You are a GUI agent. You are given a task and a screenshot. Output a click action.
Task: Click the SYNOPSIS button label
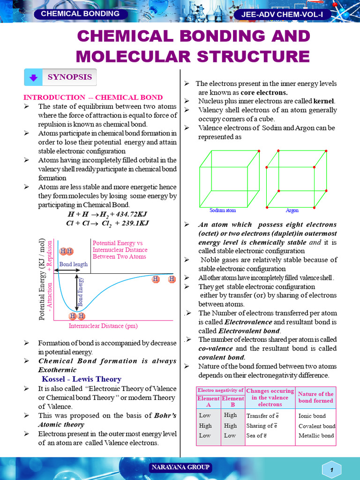coord(69,77)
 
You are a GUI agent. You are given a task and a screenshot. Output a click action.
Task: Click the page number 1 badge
coord(332,470)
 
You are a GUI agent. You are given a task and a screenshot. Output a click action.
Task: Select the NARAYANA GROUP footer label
coord(180,467)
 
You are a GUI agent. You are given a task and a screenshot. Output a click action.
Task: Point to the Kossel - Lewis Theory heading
coord(82,379)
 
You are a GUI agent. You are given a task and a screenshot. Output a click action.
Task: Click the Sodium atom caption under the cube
coord(222,210)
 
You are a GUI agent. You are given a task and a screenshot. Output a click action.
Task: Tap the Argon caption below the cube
coord(292,210)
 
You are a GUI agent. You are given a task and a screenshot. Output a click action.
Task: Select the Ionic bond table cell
coord(312,416)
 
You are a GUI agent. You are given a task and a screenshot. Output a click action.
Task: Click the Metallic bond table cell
coord(316,435)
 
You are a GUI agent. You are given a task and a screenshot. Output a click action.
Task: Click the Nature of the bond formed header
coord(315,397)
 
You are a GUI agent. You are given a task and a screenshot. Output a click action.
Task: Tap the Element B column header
coord(233,402)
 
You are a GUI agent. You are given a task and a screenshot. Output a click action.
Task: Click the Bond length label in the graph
coord(74,264)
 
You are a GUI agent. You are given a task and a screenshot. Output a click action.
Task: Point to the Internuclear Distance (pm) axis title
coord(103,326)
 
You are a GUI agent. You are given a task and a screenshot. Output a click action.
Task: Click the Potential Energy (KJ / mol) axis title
coord(42,279)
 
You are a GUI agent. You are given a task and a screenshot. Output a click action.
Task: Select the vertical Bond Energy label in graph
coord(81,292)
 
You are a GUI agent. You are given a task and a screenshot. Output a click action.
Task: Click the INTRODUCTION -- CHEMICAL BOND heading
coord(93,97)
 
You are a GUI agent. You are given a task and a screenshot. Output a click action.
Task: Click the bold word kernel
coord(324,101)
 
